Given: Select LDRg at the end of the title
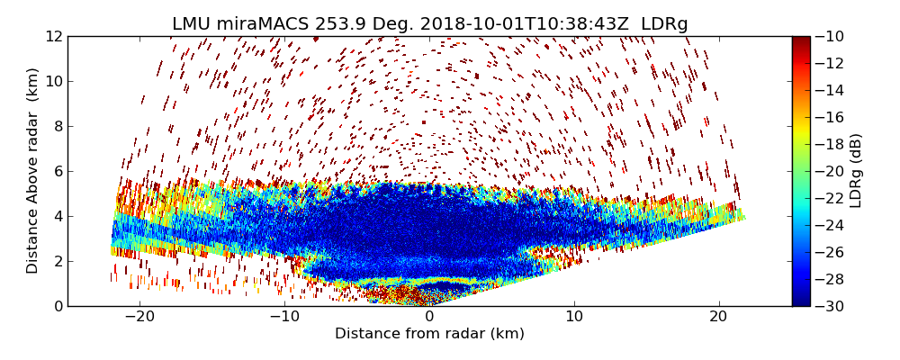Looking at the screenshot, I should (664, 24).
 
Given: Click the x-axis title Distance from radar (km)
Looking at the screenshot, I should (429, 334).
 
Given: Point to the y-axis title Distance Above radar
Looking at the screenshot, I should (33, 171).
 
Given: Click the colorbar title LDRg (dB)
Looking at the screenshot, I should (855, 171).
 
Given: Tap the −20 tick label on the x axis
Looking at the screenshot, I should (139, 317).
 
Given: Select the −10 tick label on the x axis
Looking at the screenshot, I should (284, 317).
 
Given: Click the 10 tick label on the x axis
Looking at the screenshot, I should (574, 317).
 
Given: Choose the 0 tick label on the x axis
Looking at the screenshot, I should (429, 317).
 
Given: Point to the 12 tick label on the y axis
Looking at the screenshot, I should (54, 37).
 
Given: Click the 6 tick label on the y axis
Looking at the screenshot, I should (58, 171).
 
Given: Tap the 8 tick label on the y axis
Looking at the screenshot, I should (58, 126).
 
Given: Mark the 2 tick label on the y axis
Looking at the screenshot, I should (58, 261).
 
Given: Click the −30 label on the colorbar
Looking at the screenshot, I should (832, 306).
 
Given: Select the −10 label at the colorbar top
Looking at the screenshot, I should (832, 37).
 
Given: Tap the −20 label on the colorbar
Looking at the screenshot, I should (832, 171).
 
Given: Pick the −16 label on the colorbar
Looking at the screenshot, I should (832, 117).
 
